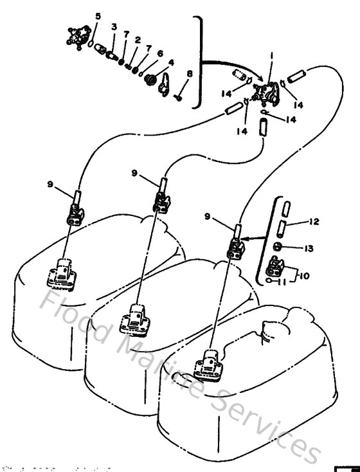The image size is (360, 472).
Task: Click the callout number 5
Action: [98, 15]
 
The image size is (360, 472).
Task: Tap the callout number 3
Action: [114, 26]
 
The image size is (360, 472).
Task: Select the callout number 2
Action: [138, 39]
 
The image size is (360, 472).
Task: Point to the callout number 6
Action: [160, 53]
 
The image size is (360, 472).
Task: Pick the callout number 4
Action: [171, 63]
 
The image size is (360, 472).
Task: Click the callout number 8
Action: [189, 75]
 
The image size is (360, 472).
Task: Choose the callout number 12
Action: [314, 222]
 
